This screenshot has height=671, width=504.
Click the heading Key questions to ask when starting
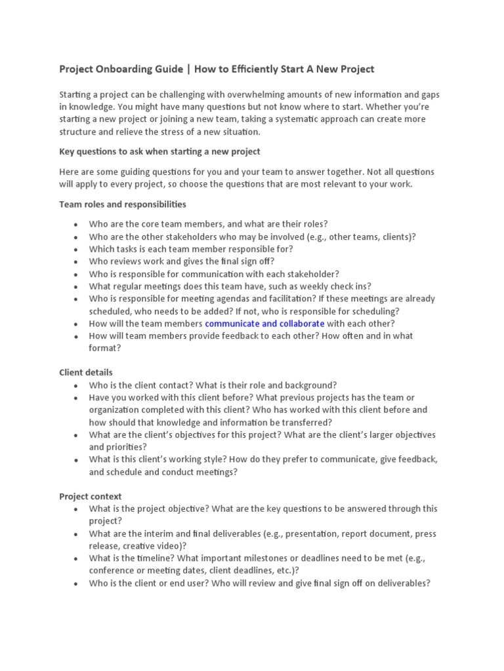coord(159,151)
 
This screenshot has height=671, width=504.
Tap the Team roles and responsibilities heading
coord(122,204)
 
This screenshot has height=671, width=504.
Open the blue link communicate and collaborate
coord(264,324)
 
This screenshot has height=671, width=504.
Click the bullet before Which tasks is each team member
coord(76,250)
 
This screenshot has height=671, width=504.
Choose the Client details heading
coord(86,372)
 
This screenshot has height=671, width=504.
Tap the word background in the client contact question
coord(306,385)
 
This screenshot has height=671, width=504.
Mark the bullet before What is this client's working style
coord(76,460)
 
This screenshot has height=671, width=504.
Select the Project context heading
coord(91,496)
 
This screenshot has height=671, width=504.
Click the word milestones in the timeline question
coord(256,558)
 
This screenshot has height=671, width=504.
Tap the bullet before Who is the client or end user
coord(76,583)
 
